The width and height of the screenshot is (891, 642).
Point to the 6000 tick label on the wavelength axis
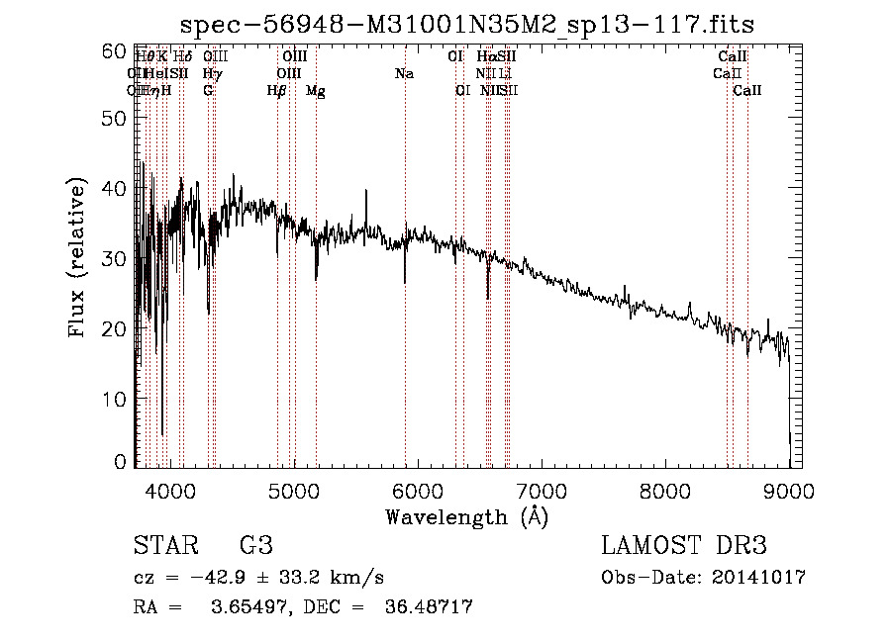click(418, 490)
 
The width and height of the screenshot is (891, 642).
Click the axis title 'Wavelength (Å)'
click(466, 516)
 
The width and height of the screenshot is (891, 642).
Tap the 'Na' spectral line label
click(404, 73)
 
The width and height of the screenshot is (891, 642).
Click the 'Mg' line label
click(316, 91)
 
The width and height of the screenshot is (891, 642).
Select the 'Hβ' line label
click(277, 91)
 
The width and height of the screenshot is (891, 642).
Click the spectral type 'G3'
click(255, 546)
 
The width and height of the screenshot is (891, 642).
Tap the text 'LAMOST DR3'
click(684, 546)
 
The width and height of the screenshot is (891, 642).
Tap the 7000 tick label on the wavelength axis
click(542, 490)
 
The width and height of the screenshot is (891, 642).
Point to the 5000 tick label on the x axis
click(294, 490)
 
